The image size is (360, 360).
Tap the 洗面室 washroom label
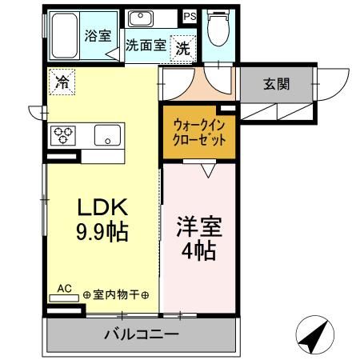[x=145, y=46]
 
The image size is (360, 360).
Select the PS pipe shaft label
[x=190, y=16]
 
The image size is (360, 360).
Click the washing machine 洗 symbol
[x=182, y=47]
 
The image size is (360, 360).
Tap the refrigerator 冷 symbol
[x=62, y=80]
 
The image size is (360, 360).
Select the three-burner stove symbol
[x=63, y=135]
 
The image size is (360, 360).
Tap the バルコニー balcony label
[x=141, y=334]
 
